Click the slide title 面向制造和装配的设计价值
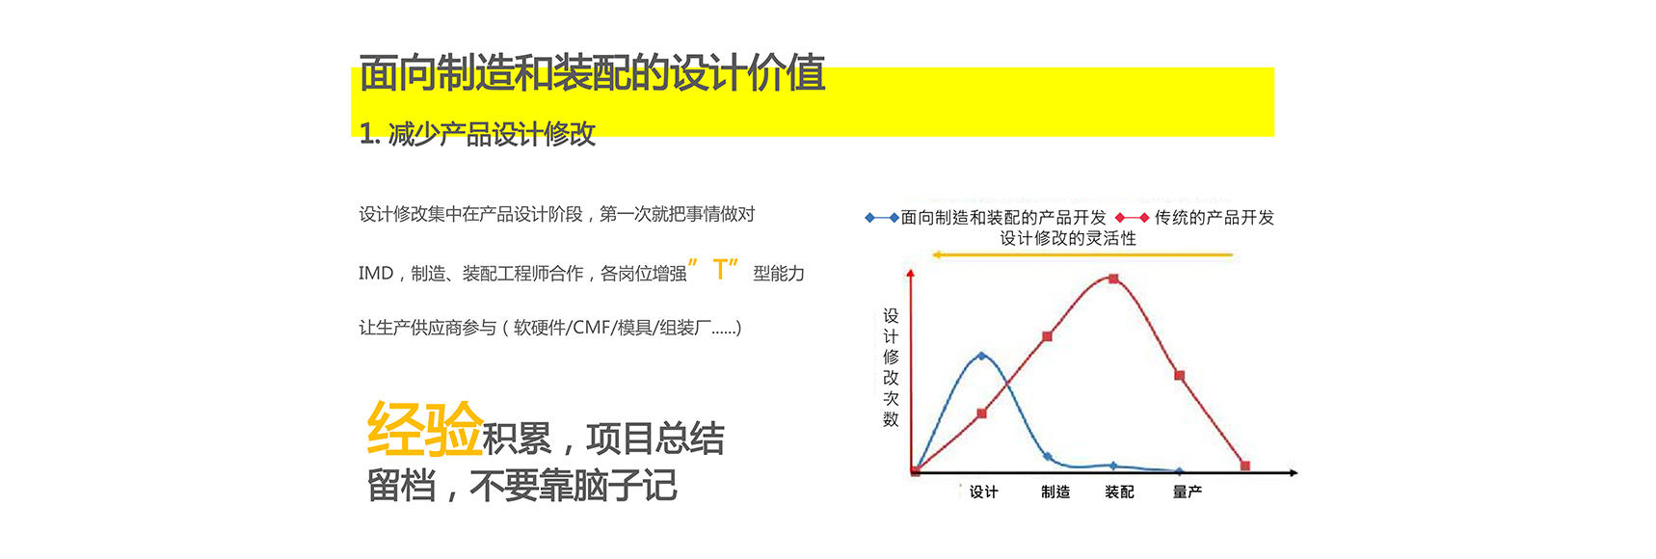coord(592,73)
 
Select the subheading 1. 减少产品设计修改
coord(477,134)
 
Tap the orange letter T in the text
coord(720,270)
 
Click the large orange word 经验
coord(424,429)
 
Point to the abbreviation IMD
coord(376,274)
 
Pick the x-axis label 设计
coord(983,492)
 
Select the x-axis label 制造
coord(1055,492)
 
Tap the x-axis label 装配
coord(1119,492)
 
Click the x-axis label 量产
coord(1188,492)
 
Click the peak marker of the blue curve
coord(981,356)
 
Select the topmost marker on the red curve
coord(1113,279)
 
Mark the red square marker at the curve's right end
coord(1244,466)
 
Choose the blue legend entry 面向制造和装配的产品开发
coord(985,218)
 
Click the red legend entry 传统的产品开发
coord(1194,218)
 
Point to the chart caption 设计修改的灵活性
coord(1068,238)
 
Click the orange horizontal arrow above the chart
coord(1082,255)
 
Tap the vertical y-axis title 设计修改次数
coord(891,367)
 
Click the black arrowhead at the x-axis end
coord(1293,472)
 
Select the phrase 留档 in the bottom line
coord(401,486)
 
